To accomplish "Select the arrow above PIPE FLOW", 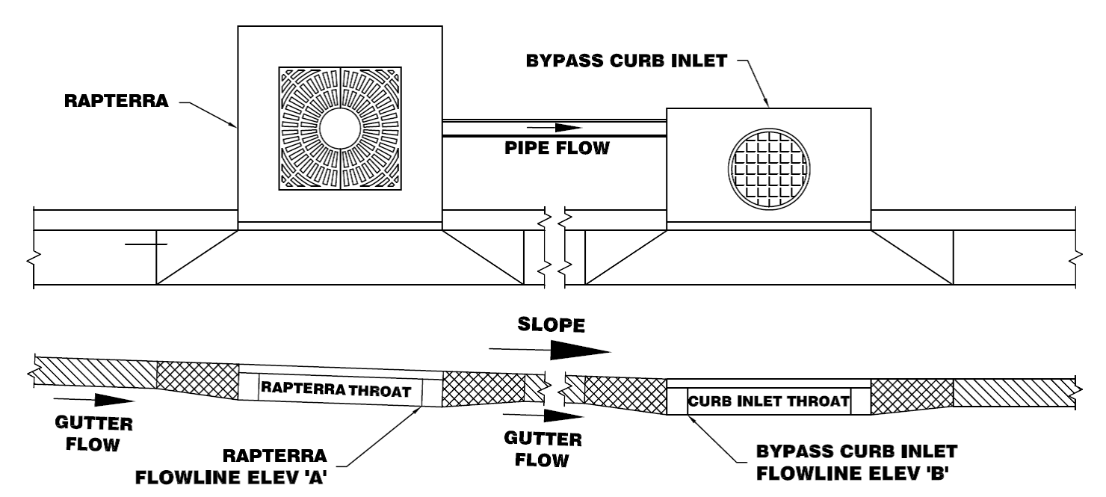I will pyautogui.click(x=553, y=128).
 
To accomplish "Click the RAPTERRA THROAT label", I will pyautogui.click(x=336, y=389).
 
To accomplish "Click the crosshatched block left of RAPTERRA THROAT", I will pyautogui.click(x=197, y=381).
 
